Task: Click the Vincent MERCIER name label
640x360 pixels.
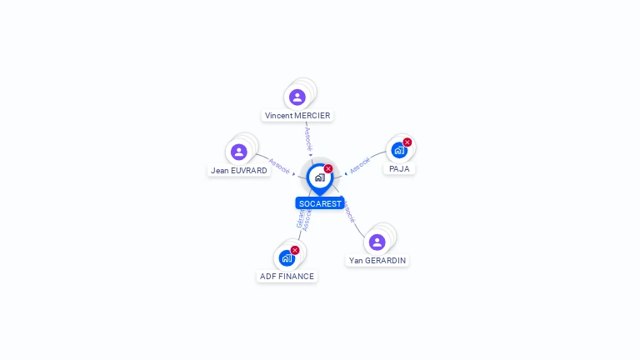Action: click(x=297, y=115)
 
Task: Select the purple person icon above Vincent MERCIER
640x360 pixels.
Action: click(x=297, y=97)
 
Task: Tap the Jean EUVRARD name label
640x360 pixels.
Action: click(x=239, y=170)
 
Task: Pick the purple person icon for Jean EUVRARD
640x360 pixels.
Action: click(x=239, y=152)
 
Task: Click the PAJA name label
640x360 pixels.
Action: click(x=399, y=168)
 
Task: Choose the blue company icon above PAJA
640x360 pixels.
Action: click(x=399, y=151)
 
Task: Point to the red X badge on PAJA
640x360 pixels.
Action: click(x=407, y=142)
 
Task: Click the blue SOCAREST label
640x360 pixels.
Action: click(x=320, y=203)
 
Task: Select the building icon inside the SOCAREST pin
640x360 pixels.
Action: click(x=319, y=177)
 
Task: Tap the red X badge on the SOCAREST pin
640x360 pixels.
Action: click(x=328, y=169)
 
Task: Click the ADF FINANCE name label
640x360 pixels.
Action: click(x=287, y=276)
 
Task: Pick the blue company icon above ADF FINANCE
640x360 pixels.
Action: click(x=287, y=258)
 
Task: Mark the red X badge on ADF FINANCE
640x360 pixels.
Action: click(x=295, y=250)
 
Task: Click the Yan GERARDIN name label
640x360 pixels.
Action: click(x=377, y=260)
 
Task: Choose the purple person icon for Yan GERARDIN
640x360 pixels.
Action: click(x=377, y=242)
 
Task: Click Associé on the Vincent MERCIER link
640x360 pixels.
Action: click(x=308, y=139)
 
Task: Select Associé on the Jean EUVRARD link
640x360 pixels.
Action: click(x=280, y=167)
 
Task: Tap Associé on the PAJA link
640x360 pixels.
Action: click(x=359, y=165)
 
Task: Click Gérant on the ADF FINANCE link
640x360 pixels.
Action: click(x=300, y=219)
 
